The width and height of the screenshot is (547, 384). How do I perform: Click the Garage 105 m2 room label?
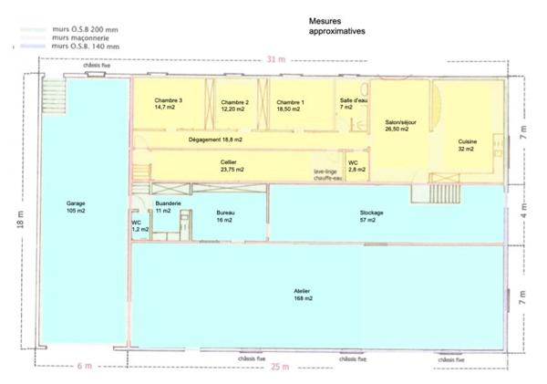[76, 207]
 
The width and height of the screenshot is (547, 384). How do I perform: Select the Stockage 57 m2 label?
[371, 216]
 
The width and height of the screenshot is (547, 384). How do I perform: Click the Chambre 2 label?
[234, 105]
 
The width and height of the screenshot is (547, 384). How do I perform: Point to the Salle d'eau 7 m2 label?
[352, 104]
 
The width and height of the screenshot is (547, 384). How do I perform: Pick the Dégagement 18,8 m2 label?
[216, 140]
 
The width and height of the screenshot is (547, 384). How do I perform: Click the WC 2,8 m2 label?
[356, 166]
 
